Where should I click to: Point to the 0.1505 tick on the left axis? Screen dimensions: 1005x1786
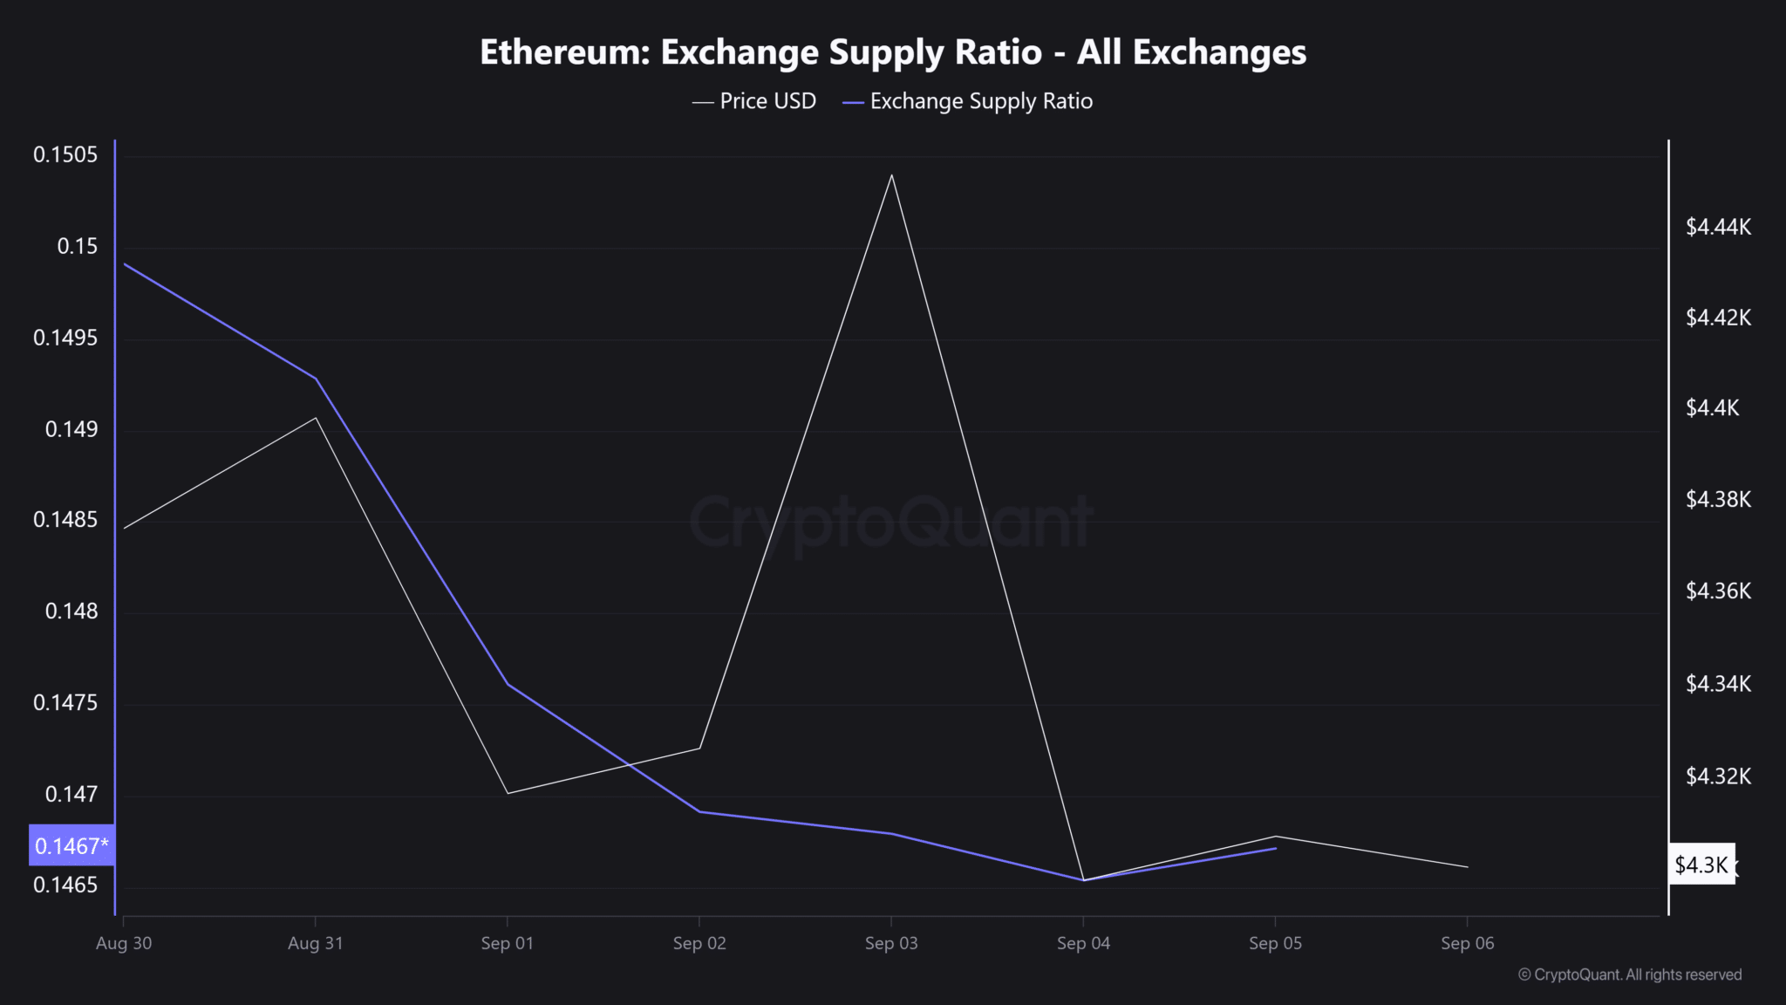click(65, 155)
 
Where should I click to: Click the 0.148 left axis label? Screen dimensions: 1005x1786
click(72, 612)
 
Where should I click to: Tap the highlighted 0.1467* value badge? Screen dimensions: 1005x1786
click(72, 845)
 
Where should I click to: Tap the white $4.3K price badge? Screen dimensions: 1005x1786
click(1701, 865)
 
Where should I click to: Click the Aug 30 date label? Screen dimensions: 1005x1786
click(124, 943)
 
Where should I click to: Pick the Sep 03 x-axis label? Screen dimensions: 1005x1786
click(891, 943)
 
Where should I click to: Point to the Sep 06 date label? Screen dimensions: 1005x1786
click(1467, 943)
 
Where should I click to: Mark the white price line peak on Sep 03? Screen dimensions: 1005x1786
click(891, 175)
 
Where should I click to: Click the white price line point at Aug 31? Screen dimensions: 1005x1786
click(316, 418)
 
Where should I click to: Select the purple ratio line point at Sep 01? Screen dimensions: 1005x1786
click(508, 684)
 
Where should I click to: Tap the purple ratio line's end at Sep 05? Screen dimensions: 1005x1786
click(1275, 848)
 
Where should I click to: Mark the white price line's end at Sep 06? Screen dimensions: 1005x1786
click(1468, 867)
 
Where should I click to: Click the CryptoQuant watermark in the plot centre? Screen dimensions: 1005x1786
click(891, 523)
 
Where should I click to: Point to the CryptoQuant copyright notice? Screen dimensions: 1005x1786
click(1630, 974)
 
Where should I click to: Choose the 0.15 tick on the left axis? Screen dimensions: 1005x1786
click(78, 247)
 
